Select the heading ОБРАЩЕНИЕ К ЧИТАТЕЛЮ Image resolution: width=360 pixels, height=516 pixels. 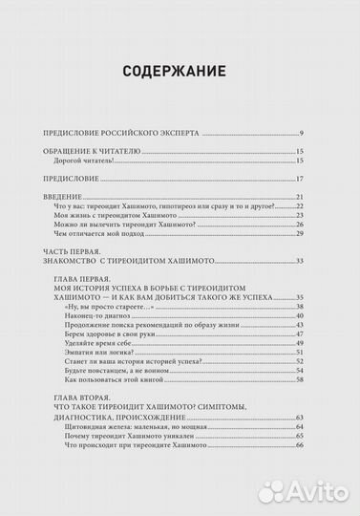(92, 152)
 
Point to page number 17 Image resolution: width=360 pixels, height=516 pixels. (299, 179)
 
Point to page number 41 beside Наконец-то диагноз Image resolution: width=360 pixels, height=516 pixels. (299, 316)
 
